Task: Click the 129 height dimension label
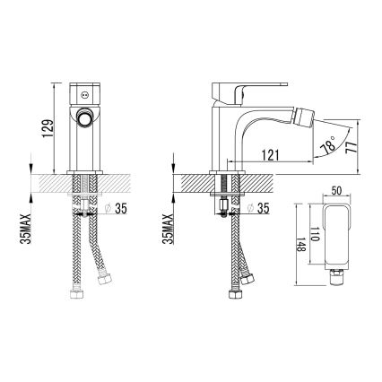click(48, 128)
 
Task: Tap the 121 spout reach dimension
click(270, 155)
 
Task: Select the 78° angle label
click(327, 144)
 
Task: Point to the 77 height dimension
click(352, 147)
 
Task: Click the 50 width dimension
click(336, 191)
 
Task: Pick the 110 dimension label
click(316, 234)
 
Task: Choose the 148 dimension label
click(301, 245)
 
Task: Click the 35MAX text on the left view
click(27, 229)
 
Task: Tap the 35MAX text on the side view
click(169, 229)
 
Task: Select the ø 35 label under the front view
click(117, 208)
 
